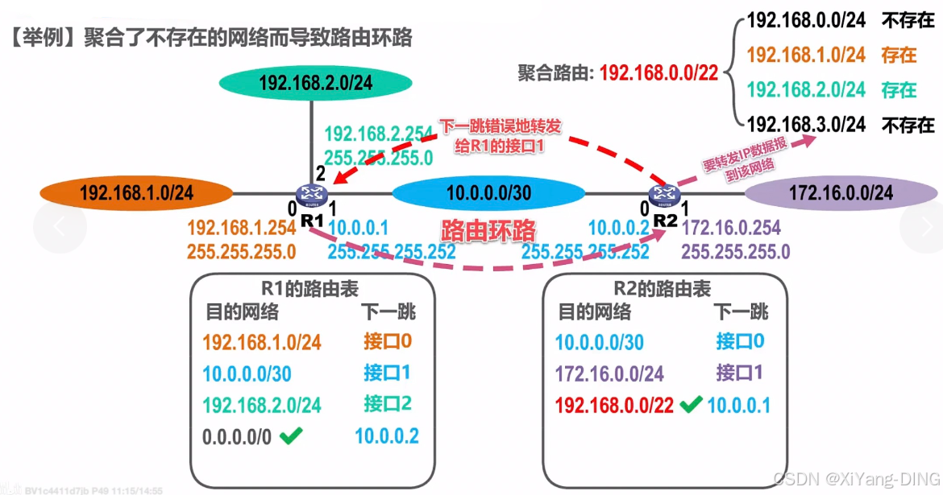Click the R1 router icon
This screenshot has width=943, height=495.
pyautogui.click(x=309, y=193)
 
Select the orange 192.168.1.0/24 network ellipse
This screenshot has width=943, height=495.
pyautogui.click(x=136, y=193)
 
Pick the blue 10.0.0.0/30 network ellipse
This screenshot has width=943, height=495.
pyautogui.click(x=488, y=193)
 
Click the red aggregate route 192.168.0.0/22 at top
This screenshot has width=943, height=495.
pyautogui.click(x=658, y=73)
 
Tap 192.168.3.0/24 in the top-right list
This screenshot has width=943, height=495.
pyautogui.click(x=806, y=125)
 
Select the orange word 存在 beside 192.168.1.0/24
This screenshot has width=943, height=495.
pyautogui.click(x=899, y=56)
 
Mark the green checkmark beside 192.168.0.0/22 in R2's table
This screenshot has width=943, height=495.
pyautogui.click(x=690, y=405)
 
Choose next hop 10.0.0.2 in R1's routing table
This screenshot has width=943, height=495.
pyautogui.click(x=387, y=436)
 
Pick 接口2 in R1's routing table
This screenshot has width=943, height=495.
pyautogui.click(x=388, y=404)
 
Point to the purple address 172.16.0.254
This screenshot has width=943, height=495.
pyautogui.click(x=731, y=229)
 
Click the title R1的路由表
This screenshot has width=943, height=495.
pyautogui.click(x=310, y=287)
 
